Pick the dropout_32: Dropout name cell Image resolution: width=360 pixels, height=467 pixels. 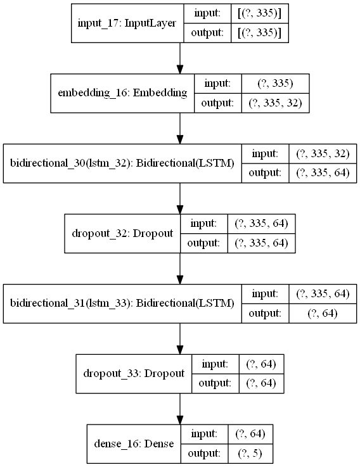pos(122,233)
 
